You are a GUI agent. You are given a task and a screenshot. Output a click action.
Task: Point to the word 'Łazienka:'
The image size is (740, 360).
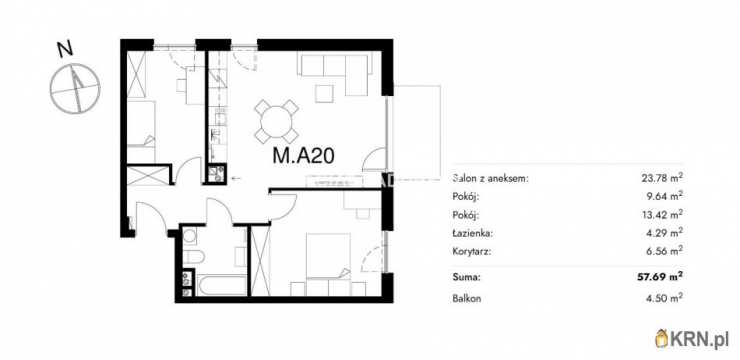point(474,232)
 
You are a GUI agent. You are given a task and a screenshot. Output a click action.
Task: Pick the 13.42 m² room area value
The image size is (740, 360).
point(662,214)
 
